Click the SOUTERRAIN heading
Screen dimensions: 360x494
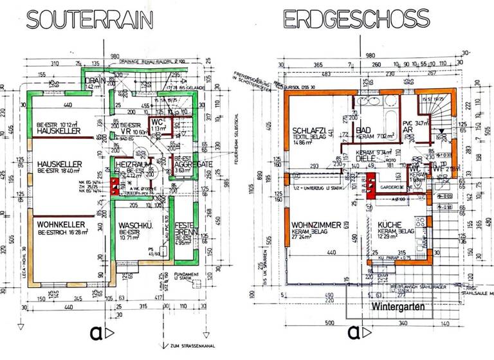[x=89, y=19]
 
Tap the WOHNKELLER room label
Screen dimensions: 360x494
[x=58, y=225]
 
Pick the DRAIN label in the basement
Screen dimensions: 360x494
[x=95, y=80]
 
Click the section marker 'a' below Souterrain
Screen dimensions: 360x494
[x=95, y=332]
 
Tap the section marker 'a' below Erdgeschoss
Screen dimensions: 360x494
[x=353, y=332]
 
